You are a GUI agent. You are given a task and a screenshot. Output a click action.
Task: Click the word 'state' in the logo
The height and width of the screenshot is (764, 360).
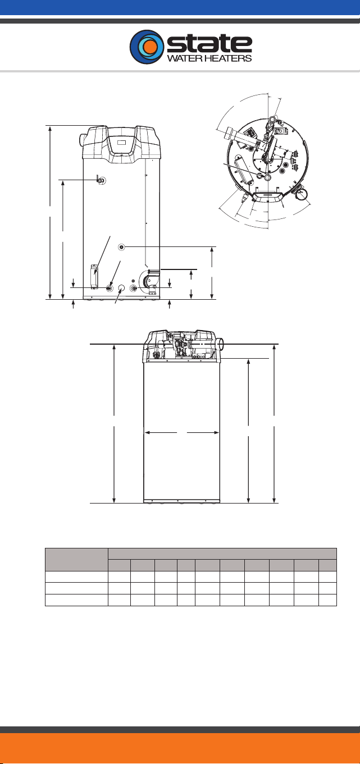coord(209,44)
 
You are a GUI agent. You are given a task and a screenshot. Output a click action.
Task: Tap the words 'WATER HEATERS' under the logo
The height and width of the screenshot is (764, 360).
coord(209,58)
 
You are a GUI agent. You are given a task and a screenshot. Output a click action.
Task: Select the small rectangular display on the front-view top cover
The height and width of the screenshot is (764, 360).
coord(121,142)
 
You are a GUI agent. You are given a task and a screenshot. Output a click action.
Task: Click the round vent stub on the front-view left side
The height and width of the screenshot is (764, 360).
coord(83,139)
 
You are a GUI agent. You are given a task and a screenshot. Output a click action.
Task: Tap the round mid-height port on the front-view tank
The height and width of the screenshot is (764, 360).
coord(121,246)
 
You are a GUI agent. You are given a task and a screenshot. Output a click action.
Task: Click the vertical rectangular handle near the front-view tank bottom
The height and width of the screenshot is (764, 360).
coord(93,276)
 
